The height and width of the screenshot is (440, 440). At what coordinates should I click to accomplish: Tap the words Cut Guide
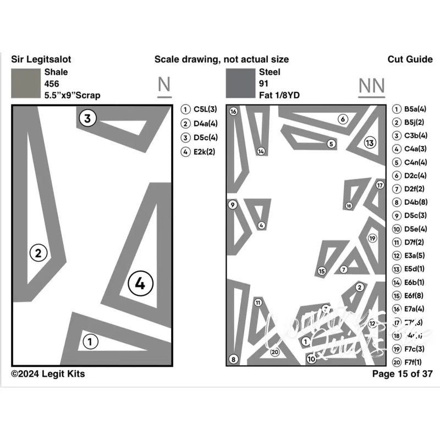(x=410, y=59)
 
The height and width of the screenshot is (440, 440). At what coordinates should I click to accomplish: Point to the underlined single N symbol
(x=163, y=85)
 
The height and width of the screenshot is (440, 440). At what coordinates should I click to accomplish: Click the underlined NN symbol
(x=372, y=86)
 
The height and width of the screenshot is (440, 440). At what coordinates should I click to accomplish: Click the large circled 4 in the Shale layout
(x=140, y=283)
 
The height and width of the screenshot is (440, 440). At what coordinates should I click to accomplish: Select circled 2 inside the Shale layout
(x=38, y=253)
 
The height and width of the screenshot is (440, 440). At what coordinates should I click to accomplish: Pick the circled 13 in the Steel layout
(x=370, y=143)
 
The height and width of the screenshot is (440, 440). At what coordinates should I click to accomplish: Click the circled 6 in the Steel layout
(x=342, y=119)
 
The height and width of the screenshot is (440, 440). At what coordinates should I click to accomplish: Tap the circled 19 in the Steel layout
(x=372, y=238)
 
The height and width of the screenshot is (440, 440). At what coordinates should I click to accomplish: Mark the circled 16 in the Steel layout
(x=233, y=112)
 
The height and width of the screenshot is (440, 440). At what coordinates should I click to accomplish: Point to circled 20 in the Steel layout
(x=275, y=352)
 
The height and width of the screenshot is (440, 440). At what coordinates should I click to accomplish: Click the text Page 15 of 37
(x=402, y=374)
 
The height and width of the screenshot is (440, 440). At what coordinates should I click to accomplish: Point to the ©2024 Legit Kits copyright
(x=48, y=374)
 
